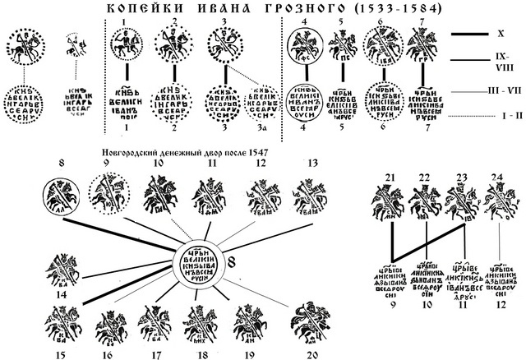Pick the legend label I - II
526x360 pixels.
502,118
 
